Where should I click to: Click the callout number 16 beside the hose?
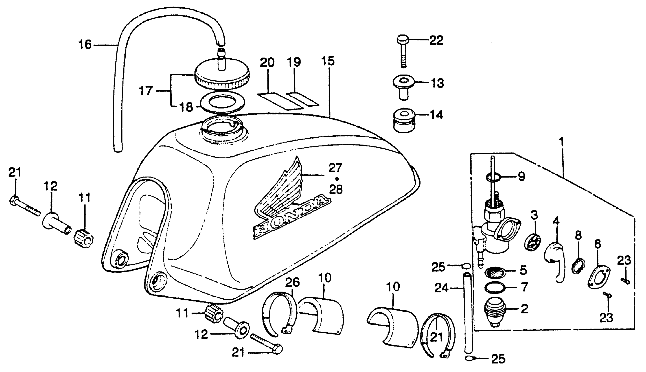85,45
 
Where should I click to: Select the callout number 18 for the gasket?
186,107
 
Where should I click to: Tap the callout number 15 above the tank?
328,61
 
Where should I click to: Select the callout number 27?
335,168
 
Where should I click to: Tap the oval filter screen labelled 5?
495,272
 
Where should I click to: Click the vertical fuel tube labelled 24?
467,313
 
